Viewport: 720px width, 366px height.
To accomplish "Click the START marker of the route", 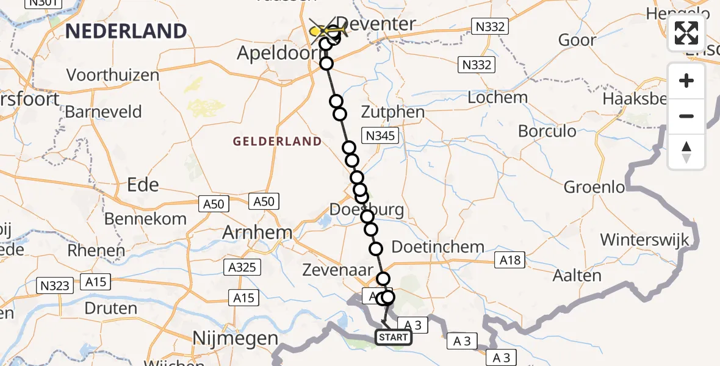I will point(394,337).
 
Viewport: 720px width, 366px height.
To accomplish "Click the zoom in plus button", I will point(686,81).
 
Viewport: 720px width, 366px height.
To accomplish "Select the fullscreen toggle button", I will point(686,33).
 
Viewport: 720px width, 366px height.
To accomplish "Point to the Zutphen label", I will point(392,112).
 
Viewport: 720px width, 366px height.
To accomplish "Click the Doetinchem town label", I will point(437,248).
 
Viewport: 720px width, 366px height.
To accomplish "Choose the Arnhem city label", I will point(257,232).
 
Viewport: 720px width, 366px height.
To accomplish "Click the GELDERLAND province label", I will point(277,142).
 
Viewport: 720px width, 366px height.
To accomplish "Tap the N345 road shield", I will point(380,135).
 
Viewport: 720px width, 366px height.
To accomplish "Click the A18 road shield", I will point(511,260).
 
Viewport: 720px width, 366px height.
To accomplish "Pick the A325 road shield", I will point(243,267).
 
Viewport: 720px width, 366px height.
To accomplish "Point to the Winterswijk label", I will point(645,240).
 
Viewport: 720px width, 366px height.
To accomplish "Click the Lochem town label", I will point(497,98).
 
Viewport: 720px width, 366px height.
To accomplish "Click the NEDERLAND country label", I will point(126,31).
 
